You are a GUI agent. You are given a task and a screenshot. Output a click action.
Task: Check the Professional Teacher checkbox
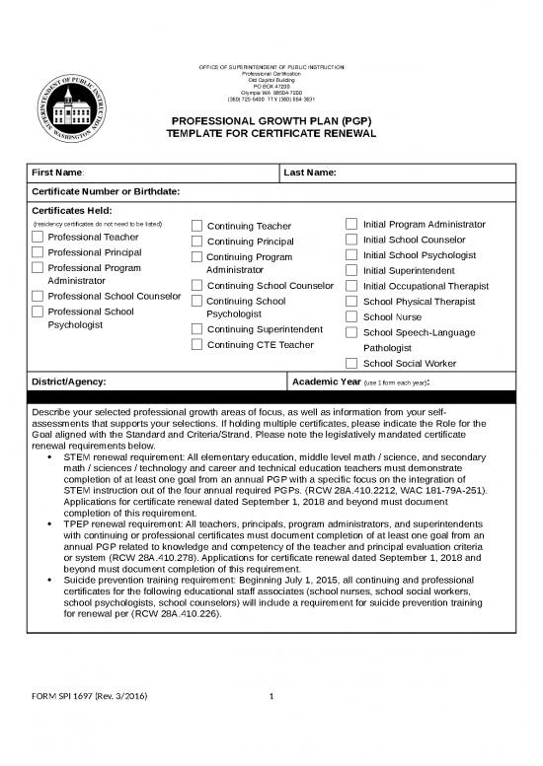pyautogui.click(x=39, y=238)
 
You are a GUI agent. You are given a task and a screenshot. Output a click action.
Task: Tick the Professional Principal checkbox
pyautogui.click(x=39, y=252)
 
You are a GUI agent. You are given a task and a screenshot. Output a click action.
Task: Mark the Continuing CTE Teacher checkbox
pyautogui.click(x=196, y=345)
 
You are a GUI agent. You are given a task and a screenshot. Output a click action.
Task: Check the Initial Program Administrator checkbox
pyautogui.click(x=352, y=225)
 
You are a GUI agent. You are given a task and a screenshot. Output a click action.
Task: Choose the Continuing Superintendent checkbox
pyautogui.click(x=196, y=329)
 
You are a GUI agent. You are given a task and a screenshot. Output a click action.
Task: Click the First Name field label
pyautogui.click(x=58, y=174)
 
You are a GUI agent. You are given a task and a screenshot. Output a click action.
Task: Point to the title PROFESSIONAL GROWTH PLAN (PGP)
pyautogui.click(x=271, y=120)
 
